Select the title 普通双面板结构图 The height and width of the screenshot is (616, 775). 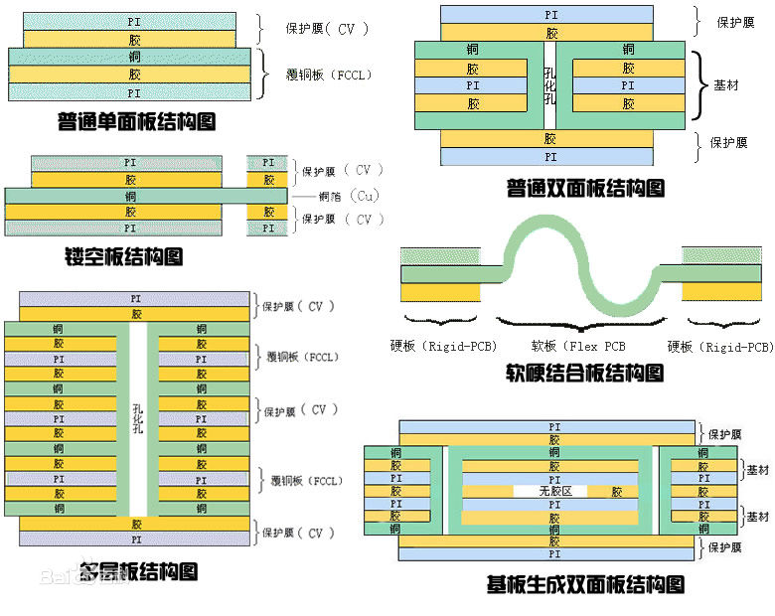point(584,187)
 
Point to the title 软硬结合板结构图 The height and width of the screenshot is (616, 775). point(583,373)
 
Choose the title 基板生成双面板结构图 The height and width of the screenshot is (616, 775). point(585,584)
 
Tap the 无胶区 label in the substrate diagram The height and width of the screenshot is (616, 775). point(556,491)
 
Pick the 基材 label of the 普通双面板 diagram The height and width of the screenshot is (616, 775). point(726,85)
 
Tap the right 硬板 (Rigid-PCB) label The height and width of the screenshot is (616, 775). point(720,347)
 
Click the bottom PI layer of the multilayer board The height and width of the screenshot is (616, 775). point(135,538)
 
